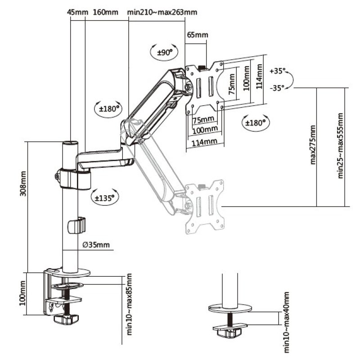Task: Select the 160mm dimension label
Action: pyautogui.click(x=105, y=12)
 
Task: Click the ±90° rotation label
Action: pyautogui.click(x=165, y=53)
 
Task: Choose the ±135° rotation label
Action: pyautogui.click(x=104, y=197)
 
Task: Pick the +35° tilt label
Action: pyautogui.click(x=277, y=71)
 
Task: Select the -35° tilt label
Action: pyautogui.click(x=277, y=88)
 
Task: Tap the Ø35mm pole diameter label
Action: pyautogui.click(x=97, y=245)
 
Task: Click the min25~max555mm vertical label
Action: pyautogui.click(x=341, y=145)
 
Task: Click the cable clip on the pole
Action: pyautogui.click(x=77, y=225)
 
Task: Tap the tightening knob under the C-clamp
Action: pyautogui.click(x=64, y=319)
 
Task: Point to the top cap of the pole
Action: pyautogui.click(x=70, y=143)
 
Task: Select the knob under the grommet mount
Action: pyautogui.click(x=229, y=333)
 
